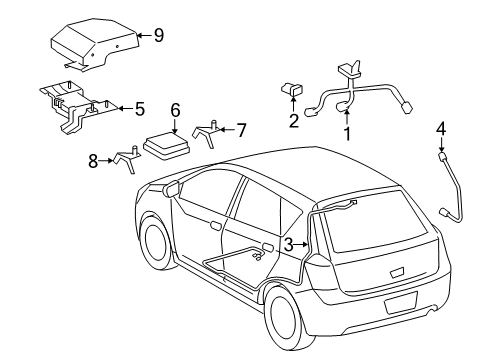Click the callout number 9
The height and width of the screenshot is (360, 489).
tap(158, 35)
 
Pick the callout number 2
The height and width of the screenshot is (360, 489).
tap(293, 121)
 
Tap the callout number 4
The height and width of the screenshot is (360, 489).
tap(441, 128)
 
